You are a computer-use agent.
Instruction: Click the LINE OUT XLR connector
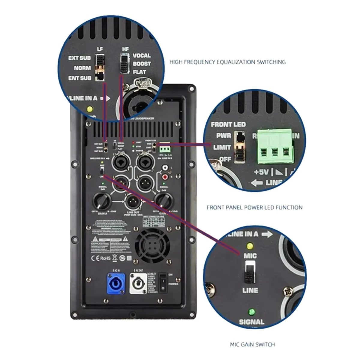click(133, 202)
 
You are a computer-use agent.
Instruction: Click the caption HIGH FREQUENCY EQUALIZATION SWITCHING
click(227, 62)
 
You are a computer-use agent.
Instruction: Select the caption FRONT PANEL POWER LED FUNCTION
click(255, 207)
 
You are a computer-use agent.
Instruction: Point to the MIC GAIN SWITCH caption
click(252, 344)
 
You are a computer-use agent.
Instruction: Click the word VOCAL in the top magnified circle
click(142, 55)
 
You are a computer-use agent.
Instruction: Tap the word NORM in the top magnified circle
click(82, 68)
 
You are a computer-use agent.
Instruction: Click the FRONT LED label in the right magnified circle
click(228, 124)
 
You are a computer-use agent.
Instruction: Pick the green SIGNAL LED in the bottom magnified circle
click(251, 311)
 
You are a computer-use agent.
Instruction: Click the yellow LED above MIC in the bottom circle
click(249, 246)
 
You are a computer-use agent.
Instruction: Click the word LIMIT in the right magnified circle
click(222, 147)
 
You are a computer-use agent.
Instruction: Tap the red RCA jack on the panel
click(164, 178)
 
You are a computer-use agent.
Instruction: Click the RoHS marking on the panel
click(105, 258)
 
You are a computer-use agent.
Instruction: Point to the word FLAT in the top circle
click(139, 72)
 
